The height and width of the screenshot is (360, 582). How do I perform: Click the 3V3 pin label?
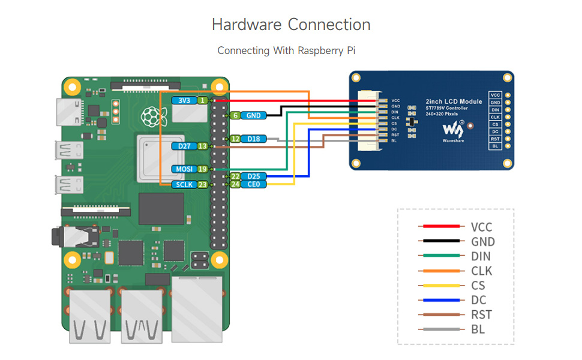(x=184, y=101)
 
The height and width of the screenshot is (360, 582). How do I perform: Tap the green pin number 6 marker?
(x=236, y=115)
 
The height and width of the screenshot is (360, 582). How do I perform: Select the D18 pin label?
(x=253, y=139)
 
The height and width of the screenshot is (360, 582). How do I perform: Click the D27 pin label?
(x=184, y=146)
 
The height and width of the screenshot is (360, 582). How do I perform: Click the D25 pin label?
(x=253, y=176)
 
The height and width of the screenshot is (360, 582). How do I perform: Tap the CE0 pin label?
(x=253, y=184)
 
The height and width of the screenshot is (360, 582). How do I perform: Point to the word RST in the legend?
(x=481, y=314)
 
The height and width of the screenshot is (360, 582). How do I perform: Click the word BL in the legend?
(x=478, y=329)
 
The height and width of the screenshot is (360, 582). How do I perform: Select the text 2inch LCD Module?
(x=454, y=101)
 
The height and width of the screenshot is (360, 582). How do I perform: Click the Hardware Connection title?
(x=291, y=25)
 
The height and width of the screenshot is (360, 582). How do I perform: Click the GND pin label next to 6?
(x=253, y=115)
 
